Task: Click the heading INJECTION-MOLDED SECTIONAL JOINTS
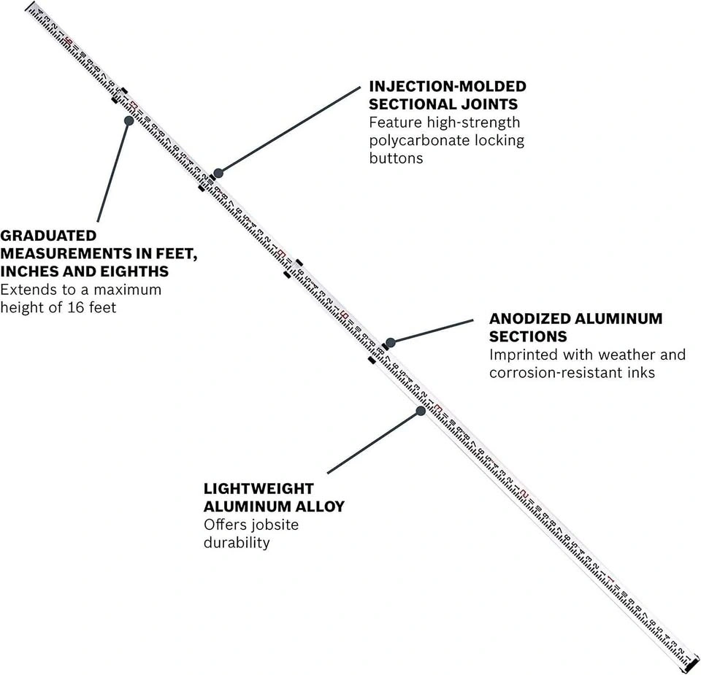447,95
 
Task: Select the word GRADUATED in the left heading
48,236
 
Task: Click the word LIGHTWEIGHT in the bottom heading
258,488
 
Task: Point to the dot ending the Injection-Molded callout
217,172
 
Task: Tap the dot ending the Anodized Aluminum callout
390,342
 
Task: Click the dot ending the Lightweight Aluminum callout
421,411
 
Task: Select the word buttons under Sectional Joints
396,158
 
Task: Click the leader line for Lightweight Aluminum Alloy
373,442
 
